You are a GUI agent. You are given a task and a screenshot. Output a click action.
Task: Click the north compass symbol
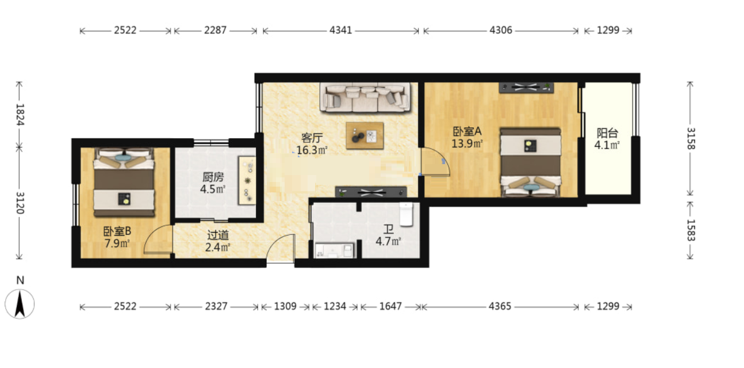[20, 303]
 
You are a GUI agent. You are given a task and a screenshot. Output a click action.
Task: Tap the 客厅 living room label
[312, 138]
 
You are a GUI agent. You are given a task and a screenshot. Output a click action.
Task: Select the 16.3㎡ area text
[312, 150]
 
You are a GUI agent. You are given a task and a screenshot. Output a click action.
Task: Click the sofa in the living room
[365, 97]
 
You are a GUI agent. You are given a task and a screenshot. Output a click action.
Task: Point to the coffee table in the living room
[365, 135]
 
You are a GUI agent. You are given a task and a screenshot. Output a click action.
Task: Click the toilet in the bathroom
[406, 215]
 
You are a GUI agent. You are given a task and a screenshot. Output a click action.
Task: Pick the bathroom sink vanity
[335, 250]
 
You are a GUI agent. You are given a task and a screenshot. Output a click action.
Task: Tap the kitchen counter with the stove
[247, 180]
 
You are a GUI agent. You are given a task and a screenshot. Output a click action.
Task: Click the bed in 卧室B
[124, 183]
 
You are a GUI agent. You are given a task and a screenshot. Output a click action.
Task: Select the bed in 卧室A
[531, 162]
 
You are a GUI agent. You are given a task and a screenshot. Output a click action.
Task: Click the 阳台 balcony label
[607, 133]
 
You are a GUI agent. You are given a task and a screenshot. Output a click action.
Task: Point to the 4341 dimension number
[341, 31]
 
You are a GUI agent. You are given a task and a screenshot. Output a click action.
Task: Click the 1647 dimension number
[390, 306]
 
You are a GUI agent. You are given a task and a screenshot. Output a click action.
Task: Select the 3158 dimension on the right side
[691, 138]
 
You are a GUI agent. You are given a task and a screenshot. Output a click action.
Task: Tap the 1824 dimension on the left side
[20, 115]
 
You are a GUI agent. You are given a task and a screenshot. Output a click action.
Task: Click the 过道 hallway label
[218, 235]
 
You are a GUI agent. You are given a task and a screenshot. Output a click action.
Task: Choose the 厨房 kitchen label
[213, 177]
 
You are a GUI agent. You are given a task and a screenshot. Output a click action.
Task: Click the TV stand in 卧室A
[526, 88]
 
